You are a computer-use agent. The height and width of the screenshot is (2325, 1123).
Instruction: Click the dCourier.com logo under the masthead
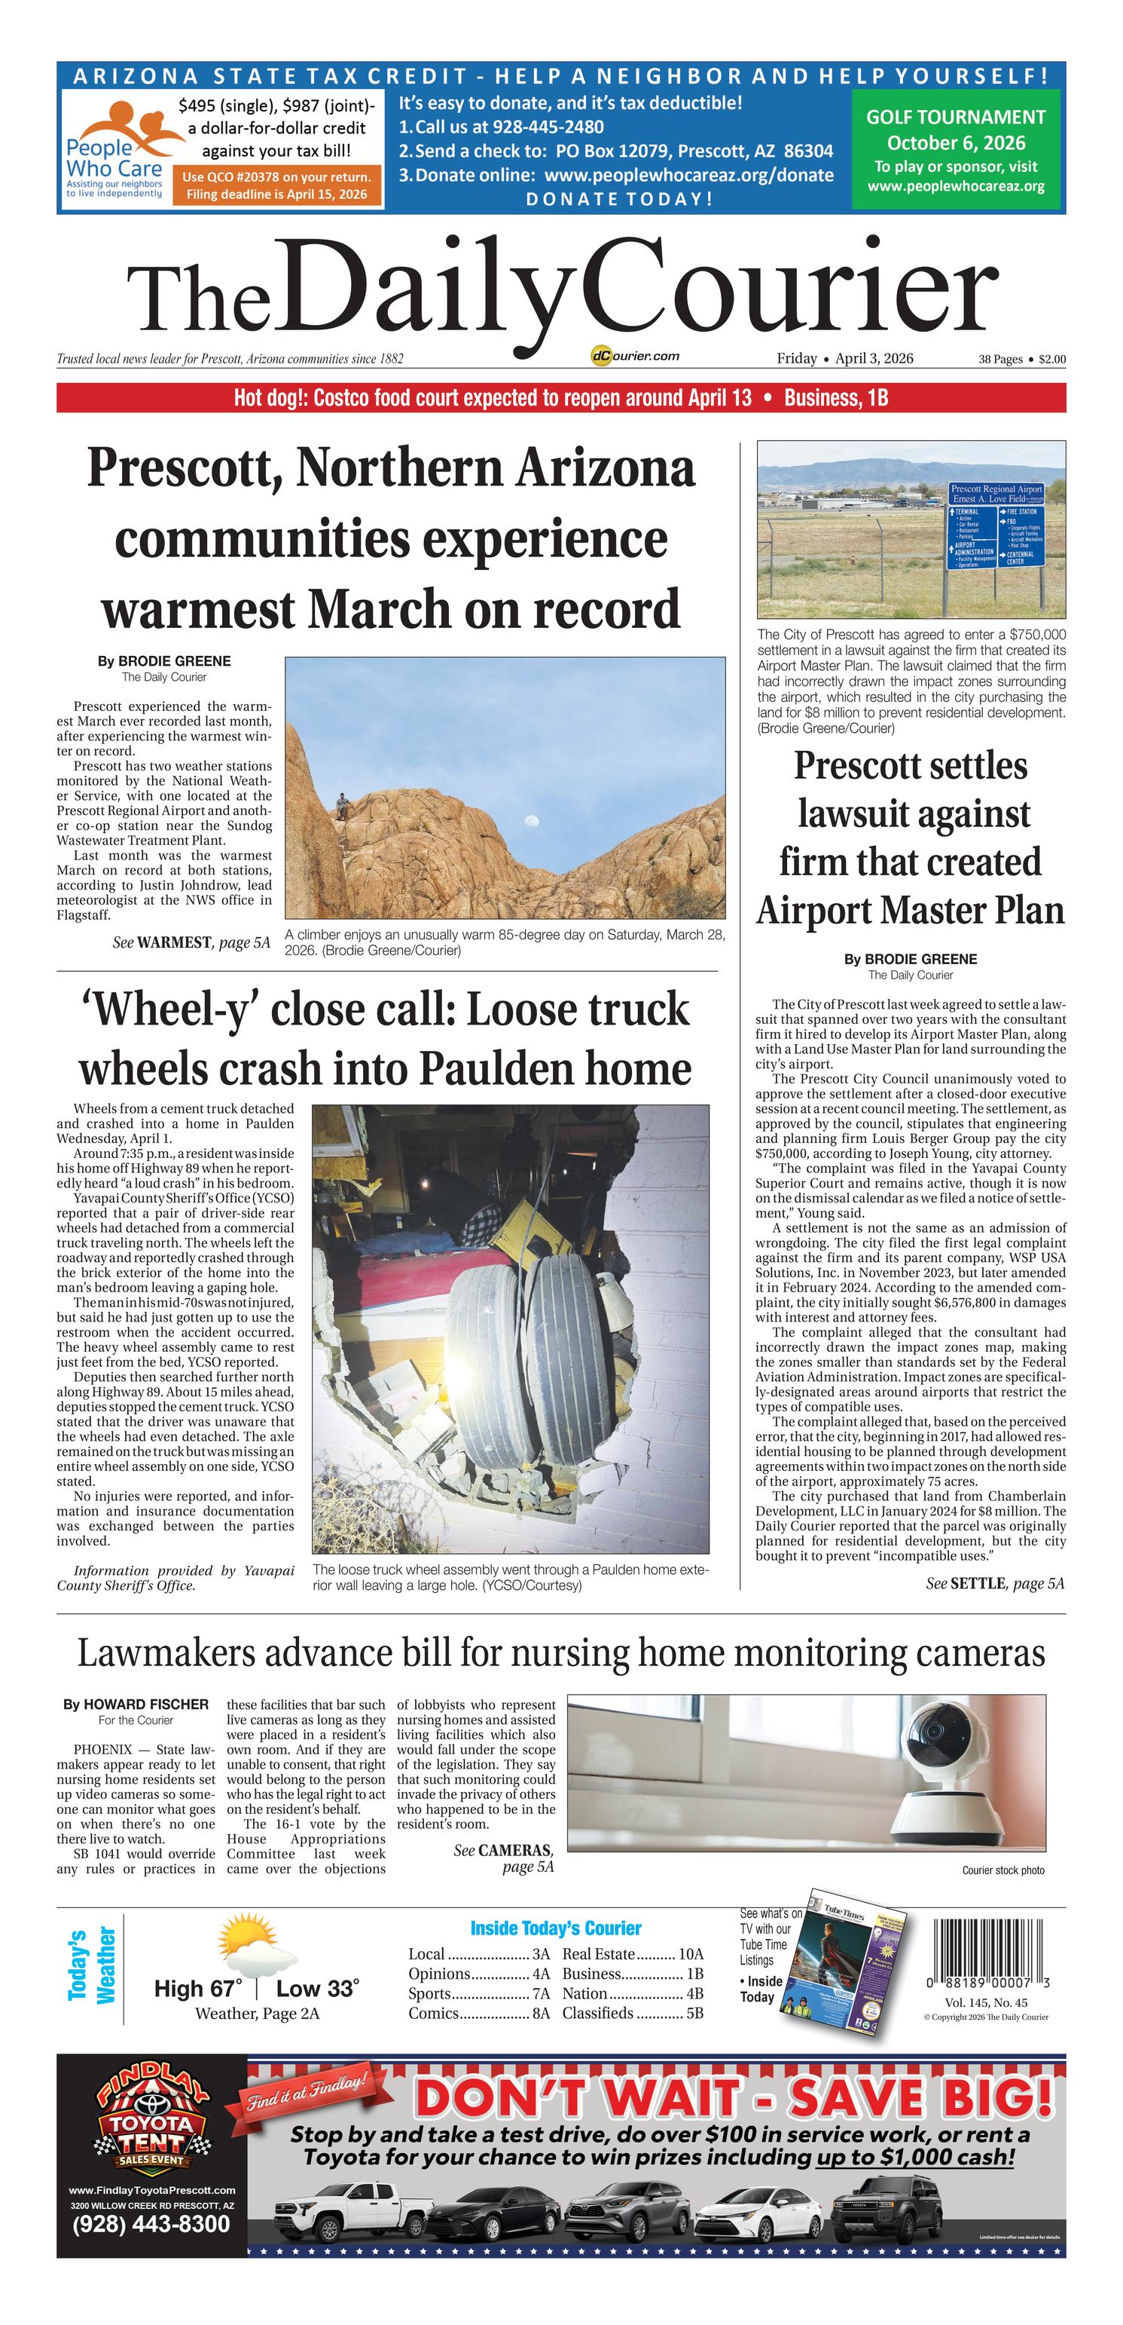635,357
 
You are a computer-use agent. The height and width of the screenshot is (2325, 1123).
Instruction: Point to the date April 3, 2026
873,358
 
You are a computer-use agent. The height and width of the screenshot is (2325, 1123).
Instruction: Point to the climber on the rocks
342,805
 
